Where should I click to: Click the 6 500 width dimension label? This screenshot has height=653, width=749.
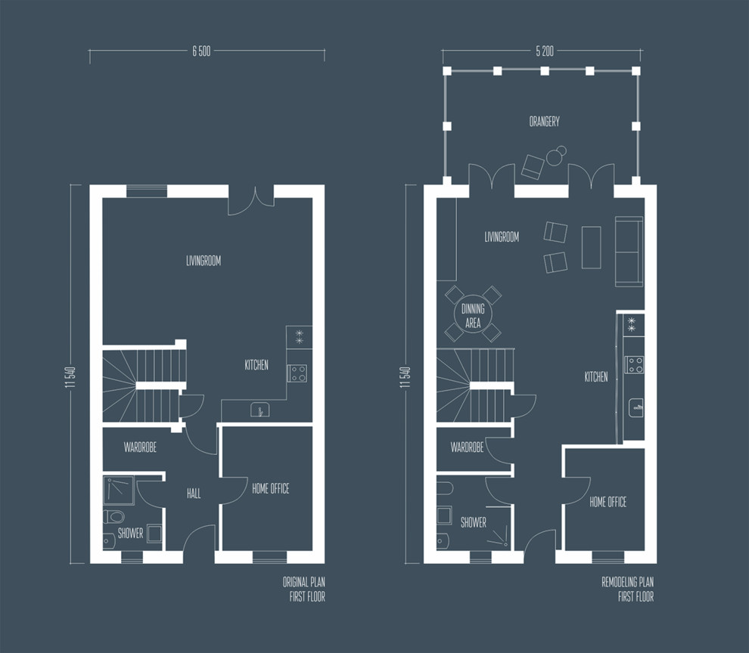coord(200,52)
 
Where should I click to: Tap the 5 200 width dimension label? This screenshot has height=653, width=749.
coord(544,52)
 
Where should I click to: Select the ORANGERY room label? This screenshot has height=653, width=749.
coord(544,121)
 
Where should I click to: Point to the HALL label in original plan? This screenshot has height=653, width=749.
coord(194,494)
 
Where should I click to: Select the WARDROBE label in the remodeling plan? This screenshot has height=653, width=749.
coord(467,447)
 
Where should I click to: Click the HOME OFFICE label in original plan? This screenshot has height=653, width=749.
coord(270,489)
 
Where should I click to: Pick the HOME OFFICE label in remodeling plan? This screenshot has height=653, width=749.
coord(608,502)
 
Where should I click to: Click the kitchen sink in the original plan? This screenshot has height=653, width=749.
coord(260,410)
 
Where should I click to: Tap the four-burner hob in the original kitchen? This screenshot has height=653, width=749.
coord(297,373)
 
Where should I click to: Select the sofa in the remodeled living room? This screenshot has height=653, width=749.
coord(629,252)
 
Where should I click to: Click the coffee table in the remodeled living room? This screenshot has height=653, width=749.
coord(591,247)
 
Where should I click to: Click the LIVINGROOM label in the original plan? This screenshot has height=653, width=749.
coord(204,261)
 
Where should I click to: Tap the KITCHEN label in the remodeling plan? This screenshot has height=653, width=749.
coord(595,376)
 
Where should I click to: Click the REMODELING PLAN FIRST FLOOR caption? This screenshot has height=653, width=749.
coord(627,590)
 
